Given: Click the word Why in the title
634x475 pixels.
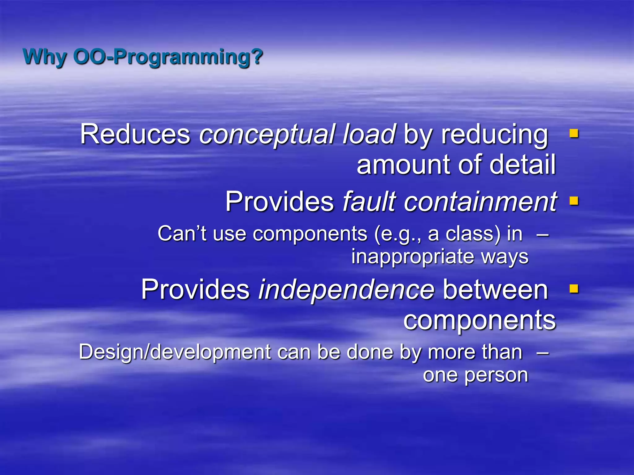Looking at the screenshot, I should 45,57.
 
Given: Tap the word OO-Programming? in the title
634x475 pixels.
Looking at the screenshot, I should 168,57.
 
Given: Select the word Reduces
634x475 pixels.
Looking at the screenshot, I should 135,135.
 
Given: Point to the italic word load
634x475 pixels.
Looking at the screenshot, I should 369,135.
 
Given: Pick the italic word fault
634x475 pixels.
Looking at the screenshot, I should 369,202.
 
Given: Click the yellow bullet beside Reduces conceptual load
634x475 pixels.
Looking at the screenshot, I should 574,133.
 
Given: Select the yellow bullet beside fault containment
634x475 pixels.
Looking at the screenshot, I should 574,201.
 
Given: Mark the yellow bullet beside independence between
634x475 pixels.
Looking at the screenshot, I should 574,289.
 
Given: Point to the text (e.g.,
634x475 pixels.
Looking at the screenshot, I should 397,234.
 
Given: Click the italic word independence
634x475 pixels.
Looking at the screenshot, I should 346,290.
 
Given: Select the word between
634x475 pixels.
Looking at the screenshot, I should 495,290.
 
